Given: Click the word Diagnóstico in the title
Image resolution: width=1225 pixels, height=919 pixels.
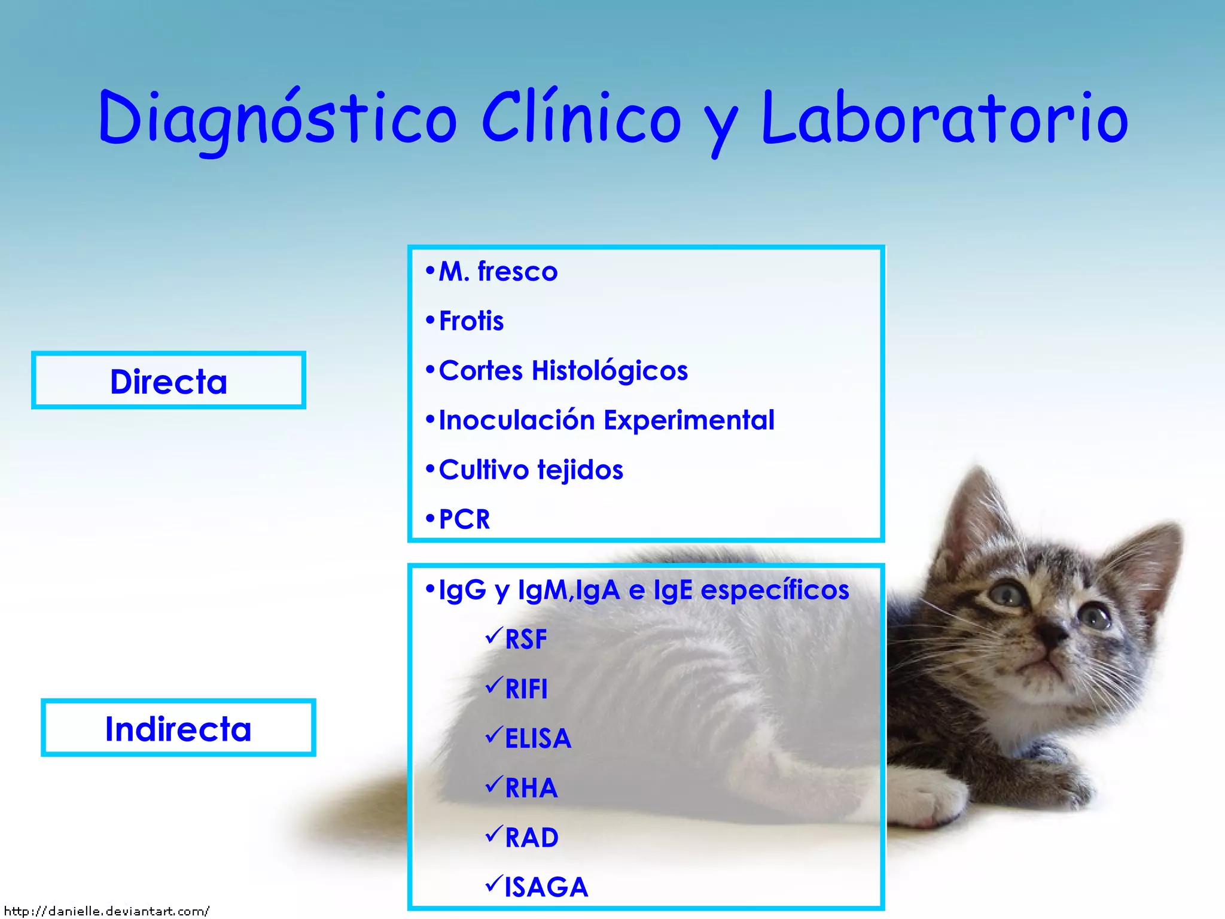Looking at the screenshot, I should click(278, 118).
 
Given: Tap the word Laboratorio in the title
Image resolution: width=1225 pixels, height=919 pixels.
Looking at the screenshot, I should click(945, 118).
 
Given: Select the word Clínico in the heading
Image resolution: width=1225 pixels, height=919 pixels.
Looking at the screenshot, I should click(581, 118).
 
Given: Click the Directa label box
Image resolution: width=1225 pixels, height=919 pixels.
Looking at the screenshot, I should click(169, 381).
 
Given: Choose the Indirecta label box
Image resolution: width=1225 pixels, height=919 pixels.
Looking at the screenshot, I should click(178, 728).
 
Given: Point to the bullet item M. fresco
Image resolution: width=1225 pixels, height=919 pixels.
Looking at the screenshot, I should click(498, 272).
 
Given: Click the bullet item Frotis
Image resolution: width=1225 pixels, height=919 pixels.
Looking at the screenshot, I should click(471, 321).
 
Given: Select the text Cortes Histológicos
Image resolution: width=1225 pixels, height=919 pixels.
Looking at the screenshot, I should click(563, 371).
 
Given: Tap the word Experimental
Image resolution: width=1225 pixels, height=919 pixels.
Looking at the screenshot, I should click(688, 420).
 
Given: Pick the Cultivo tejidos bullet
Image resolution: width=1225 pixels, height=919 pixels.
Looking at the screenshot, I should click(531, 470).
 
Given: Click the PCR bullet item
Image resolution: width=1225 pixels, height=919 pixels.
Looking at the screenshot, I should click(464, 519).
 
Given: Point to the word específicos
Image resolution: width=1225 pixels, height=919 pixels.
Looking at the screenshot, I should click(775, 590).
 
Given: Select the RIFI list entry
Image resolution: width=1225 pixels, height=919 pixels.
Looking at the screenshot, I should click(526, 689).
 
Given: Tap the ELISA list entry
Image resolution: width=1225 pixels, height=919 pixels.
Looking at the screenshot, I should click(538, 739).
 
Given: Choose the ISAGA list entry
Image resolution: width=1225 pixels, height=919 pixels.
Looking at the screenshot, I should click(546, 887).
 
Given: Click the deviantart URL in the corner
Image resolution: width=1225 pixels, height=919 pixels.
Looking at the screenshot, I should click(106, 911).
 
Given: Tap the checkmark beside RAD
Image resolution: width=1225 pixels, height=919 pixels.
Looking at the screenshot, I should click(493, 833).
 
